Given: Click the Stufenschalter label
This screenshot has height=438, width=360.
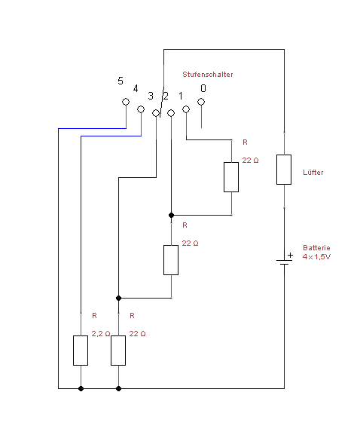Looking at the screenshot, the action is point(208,75).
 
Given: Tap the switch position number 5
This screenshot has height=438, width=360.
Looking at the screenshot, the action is point(121,81).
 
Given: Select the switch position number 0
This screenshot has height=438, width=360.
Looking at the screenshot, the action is point(203,88).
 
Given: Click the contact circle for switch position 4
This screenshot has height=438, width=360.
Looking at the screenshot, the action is point(141,109).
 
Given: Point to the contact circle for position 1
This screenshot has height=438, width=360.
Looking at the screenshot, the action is point(186,109).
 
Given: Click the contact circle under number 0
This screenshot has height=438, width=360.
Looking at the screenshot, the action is point(201,102).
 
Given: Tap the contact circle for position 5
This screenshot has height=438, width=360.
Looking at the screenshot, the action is point(126,102).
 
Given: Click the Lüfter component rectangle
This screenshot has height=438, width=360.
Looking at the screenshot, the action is point(284,170).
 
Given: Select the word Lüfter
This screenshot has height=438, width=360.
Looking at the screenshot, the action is point(313,173).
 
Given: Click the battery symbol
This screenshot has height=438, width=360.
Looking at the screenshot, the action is point(285,262).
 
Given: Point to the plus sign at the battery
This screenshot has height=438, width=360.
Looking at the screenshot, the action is point(291,255).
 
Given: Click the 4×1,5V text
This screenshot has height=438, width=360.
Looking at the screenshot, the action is point(316,257).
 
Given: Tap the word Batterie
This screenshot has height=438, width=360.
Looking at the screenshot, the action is point(316,248).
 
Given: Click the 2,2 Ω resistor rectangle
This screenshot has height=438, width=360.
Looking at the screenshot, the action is point(81,351).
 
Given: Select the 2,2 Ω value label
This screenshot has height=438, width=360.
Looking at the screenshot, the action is point(101,333).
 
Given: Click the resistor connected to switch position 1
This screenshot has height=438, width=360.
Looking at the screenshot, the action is point(231,177).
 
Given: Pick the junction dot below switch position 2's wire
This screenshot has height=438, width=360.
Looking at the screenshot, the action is point(172,215).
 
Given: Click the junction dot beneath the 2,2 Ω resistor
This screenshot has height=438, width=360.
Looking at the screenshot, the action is point(81,388).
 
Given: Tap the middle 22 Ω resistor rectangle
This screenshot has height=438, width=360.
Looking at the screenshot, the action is point(171,260).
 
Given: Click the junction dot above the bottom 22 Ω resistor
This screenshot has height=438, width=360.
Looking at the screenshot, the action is point(118,298).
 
